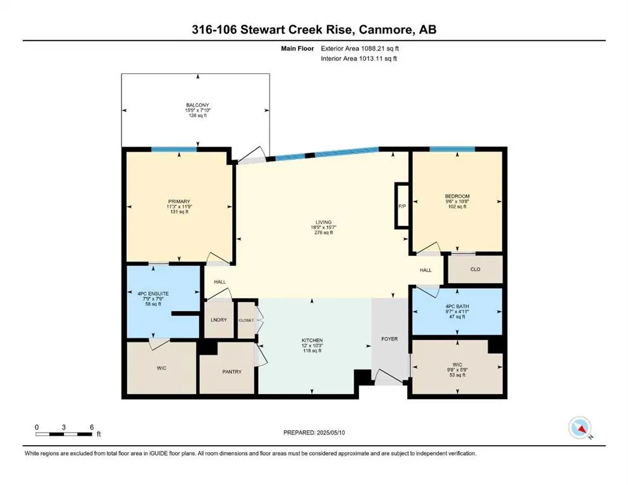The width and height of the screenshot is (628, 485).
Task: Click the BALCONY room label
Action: [197, 105]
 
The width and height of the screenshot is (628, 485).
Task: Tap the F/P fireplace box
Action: [402, 206]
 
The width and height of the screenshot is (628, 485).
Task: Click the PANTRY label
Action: [232, 371]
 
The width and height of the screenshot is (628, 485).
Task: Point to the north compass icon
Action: [580, 428]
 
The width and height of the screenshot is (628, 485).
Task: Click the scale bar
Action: [64, 434]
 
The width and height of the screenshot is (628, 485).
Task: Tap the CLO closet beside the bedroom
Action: [476, 270]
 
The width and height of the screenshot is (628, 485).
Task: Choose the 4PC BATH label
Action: [457, 306]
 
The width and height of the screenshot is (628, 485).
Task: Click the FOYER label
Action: [390, 339]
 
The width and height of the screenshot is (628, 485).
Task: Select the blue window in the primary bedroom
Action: [174, 150]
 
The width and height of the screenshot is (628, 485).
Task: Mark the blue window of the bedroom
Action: [452, 149]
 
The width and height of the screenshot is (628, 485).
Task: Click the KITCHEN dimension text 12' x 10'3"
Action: [312, 345]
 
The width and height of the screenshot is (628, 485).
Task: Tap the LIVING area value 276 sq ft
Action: [324, 232]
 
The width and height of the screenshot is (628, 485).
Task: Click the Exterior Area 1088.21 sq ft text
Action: [360, 49]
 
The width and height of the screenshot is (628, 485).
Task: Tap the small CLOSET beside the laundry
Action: [246, 320]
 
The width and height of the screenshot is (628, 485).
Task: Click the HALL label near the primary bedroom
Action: [220, 282]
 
